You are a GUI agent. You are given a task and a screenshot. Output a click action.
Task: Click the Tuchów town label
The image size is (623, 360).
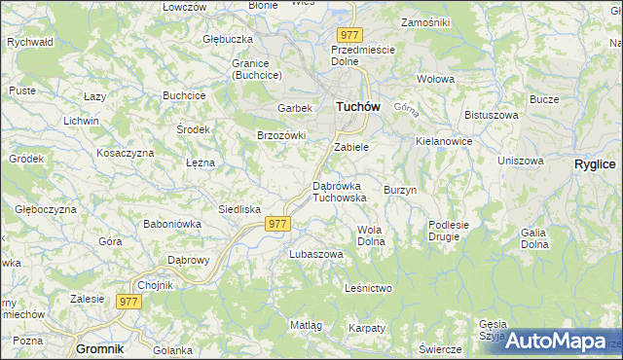[357, 107]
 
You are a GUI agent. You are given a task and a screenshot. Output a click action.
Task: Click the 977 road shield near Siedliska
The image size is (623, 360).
[277, 223]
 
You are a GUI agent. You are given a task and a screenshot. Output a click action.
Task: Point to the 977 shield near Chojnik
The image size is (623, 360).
[128, 302]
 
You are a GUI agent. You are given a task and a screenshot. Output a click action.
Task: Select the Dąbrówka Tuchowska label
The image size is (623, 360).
[339, 191]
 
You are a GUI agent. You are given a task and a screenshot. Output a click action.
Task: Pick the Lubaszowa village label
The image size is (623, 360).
[316, 254]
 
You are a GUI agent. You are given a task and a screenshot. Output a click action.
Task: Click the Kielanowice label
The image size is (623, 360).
[443, 141]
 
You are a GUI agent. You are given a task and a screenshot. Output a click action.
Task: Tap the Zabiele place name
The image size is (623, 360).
[351, 147]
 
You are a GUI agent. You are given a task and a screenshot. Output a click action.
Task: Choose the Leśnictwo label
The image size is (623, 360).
[368, 288]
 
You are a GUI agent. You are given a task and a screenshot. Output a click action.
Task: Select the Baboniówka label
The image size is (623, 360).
[171, 223]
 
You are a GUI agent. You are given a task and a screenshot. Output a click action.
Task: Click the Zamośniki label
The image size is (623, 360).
[424, 21]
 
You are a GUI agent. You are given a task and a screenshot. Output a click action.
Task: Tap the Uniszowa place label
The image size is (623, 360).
[519, 161]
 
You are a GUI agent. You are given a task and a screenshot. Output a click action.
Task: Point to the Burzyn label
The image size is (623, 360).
[400, 190]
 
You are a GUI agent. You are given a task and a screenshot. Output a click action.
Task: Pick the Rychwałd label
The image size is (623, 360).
[29, 43]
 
